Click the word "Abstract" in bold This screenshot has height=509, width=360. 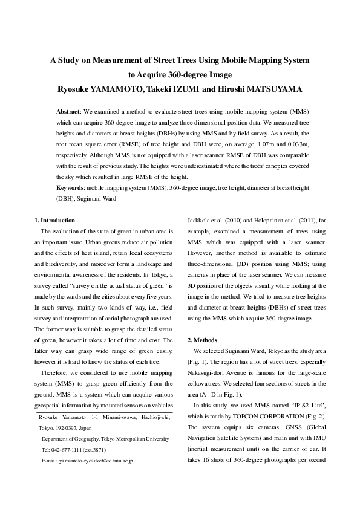coord(68,112)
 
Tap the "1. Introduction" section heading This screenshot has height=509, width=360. coord(55,221)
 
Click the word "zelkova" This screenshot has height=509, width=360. coord(198,384)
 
